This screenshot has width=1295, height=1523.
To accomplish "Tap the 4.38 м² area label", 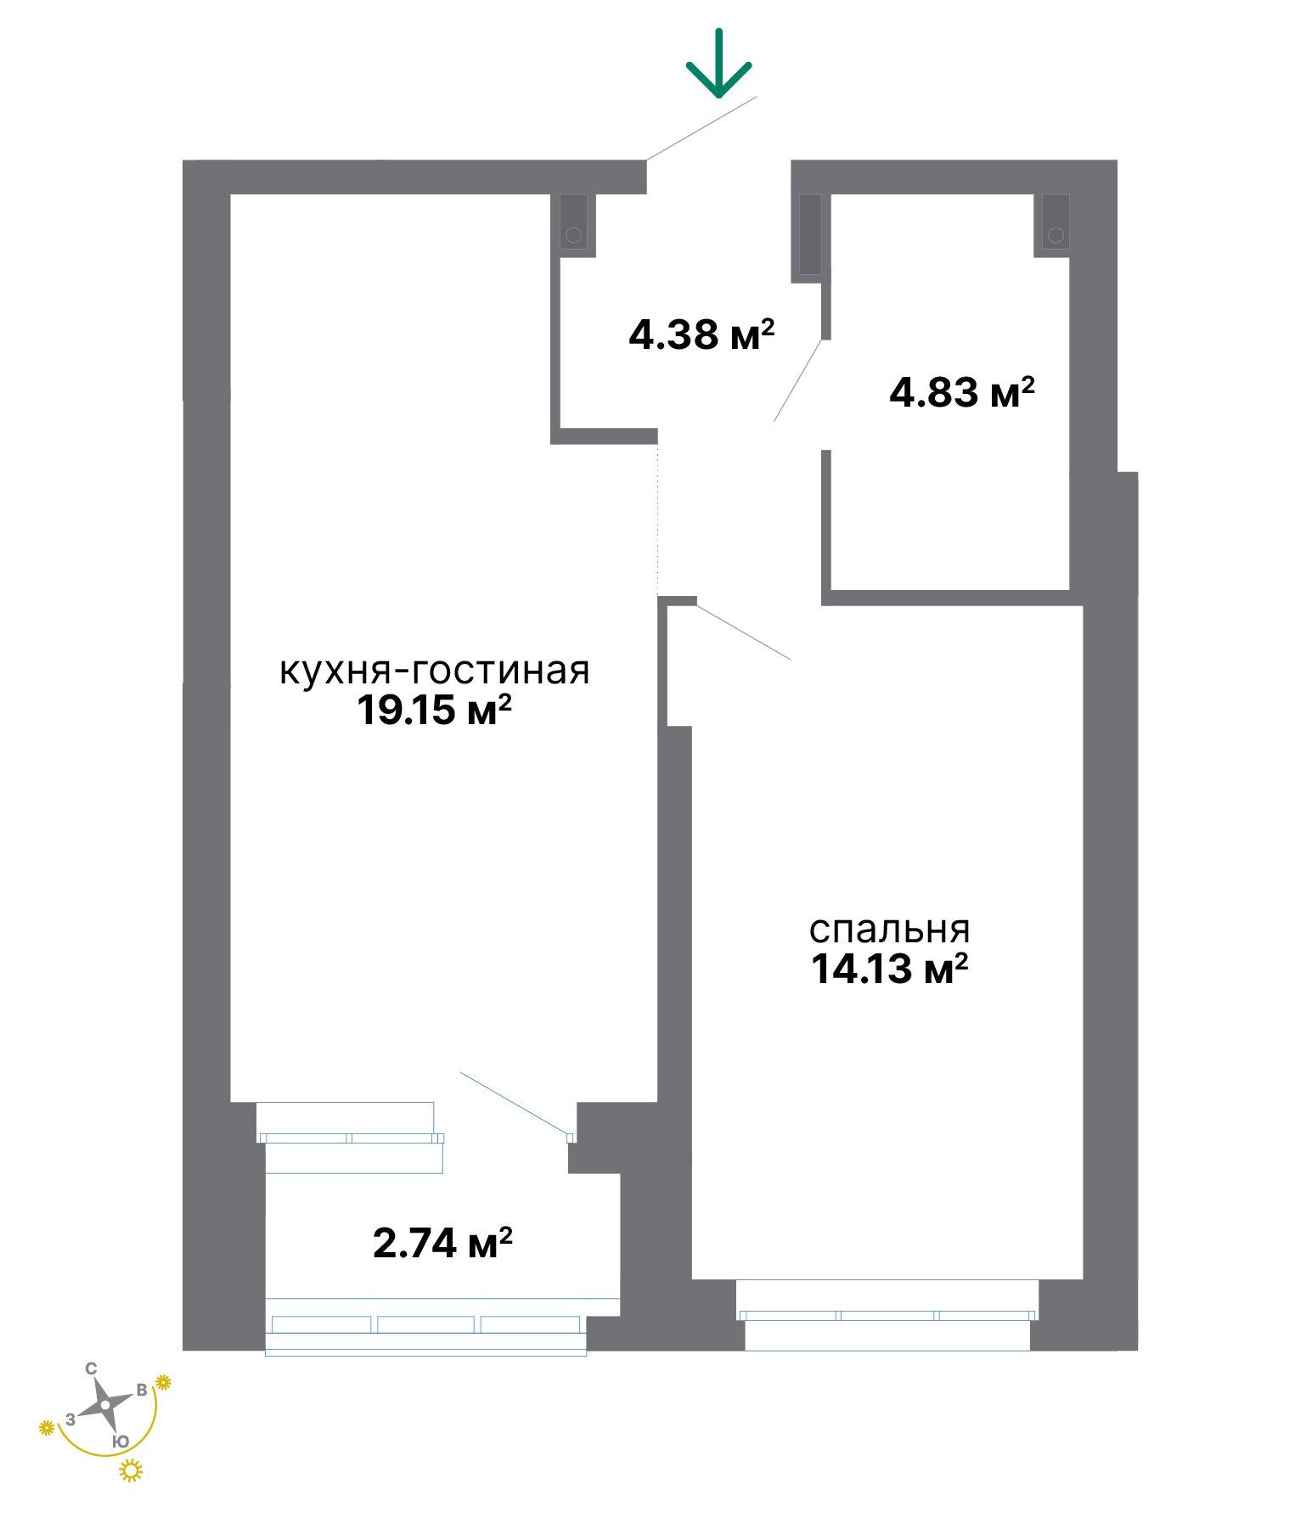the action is click(x=701, y=335).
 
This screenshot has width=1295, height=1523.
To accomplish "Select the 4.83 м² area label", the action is click(x=962, y=392).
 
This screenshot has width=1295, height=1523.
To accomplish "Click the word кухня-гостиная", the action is click(x=434, y=671).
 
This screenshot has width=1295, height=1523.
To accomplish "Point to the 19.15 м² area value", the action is click(x=433, y=710).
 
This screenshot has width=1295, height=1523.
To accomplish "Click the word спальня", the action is click(x=889, y=930).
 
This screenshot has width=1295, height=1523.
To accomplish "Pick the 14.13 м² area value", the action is click(x=889, y=969).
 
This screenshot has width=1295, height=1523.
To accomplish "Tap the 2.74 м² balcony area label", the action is click(x=442, y=1244).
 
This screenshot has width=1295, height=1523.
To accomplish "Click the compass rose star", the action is click(x=104, y=1405).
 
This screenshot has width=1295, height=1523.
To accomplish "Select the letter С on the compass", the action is click(x=91, y=1368).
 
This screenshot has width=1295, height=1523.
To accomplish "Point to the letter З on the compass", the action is click(x=70, y=1419).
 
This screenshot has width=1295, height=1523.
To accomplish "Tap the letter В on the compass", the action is click(x=142, y=1390).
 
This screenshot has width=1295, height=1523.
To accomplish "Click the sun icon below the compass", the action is click(x=131, y=1470).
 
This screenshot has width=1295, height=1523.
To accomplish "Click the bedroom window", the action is click(x=887, y=1315).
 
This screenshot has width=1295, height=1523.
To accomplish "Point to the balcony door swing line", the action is click(x=515, y=1102).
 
